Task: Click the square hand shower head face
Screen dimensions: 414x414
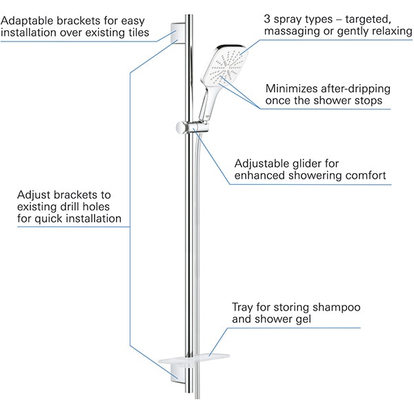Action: (221, 68)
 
